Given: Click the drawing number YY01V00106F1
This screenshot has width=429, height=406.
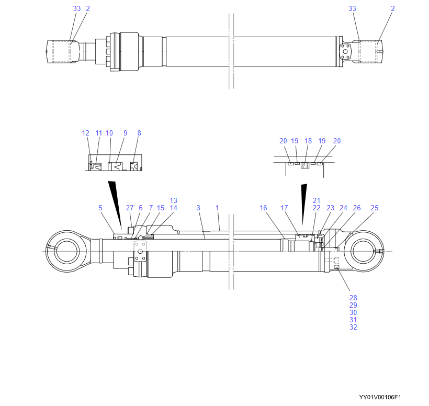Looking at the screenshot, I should pyautogui.click(x=383, y=398).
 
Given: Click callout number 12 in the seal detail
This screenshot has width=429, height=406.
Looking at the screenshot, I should pyautogui.click(x=86, y=133).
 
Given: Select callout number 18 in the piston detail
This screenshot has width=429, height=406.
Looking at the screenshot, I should pyautogui.click(x=308, y=141).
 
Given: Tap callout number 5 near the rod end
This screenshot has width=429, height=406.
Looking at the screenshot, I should pyautogui.click(x=100, y=208).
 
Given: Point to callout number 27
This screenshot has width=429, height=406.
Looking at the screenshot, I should pyautogui.click(x=130, y=208).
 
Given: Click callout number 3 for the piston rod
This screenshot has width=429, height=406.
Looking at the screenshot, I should pyautogui.click(x=198, y=208).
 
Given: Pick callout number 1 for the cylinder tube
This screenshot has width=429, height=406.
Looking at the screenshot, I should pyautogui.click(x=217, y=208).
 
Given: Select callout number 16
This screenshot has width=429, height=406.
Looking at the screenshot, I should pyautogui.click(x=263, y=208).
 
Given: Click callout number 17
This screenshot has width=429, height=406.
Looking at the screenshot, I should pyautogui.click(x=284, y=208).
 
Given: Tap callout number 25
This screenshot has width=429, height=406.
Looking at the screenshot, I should pyautogui.click(x=374, y=208).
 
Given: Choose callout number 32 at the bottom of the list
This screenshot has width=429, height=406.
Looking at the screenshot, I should pyautogui.click(x=353, y=328).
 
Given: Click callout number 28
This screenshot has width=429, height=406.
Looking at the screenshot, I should pyautogui.click(x=353, y=298).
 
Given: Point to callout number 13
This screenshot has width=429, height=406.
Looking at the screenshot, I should pyautogui.click(x=174, y=201).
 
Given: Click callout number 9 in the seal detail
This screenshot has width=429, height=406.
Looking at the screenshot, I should pyautogui.click(x=125, y=133).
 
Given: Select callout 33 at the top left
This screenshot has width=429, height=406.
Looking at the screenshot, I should pyautogui.click(x=77, y=9).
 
